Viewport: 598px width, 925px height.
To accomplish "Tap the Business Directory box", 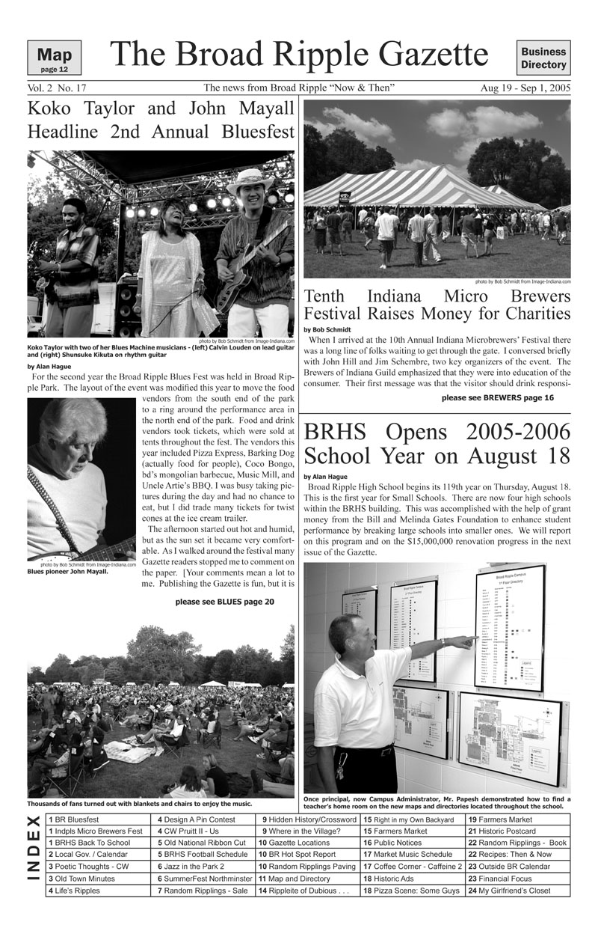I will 543,58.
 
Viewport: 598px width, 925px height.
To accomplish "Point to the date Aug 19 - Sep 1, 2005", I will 525,88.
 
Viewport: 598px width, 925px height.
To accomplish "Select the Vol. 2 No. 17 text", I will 57,88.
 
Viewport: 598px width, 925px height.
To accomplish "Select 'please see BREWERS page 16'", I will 497,398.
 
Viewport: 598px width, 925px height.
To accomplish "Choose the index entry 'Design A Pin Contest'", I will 196,819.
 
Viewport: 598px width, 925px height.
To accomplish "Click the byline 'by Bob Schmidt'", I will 325,329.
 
